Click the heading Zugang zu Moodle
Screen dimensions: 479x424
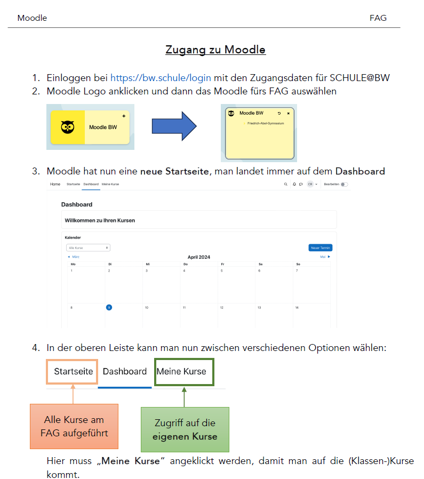[x=215, y=50]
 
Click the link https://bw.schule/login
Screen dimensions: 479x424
[x=161, y=78]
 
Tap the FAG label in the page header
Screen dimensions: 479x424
[x=378, y=18]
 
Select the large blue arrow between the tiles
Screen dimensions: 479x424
[x=174, y=126]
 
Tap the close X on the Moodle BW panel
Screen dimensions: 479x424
[x=289, y=114]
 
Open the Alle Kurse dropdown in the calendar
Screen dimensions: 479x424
[x=88, y=248]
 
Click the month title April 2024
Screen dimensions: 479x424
[x=198, y=257]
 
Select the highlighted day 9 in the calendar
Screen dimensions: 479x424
[x=109, y=307]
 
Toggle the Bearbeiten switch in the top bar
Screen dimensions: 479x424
[x=344, y=184]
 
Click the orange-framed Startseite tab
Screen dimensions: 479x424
[x=73, y=371]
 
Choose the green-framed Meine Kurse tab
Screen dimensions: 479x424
[x=181, y=371]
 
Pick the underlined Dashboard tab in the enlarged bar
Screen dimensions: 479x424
[x=125, y=371]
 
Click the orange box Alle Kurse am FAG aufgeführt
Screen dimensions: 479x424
[x=74, y=426]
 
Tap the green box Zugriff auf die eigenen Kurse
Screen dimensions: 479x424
[x=185, y=429]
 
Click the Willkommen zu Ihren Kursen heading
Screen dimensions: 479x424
[x=100, y=220]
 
